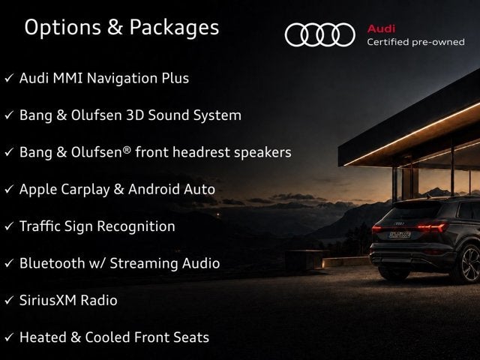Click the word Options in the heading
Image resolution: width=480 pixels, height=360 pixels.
[63, 28]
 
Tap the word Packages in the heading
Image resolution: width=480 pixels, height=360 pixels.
[174, 28]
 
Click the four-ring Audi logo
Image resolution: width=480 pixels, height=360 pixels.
[320, 34]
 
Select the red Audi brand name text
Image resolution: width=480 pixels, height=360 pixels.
[381, 28]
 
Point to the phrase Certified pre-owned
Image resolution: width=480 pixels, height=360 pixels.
[415, 42]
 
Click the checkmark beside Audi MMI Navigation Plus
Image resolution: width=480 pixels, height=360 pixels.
[9, 78]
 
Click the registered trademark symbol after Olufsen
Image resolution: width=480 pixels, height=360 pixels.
[127, 150]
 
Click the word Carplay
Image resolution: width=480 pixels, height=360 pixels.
[85, 190]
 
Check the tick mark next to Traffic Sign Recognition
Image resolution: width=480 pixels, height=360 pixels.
[9, 226]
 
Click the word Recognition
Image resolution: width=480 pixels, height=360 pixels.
[136, 226]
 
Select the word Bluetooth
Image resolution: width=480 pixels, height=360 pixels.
[52, 263]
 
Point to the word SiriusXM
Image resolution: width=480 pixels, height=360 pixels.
[48, 300]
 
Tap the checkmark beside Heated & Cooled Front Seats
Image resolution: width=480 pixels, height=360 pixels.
[9, 337]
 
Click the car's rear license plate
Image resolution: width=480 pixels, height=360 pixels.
[399, 235]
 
